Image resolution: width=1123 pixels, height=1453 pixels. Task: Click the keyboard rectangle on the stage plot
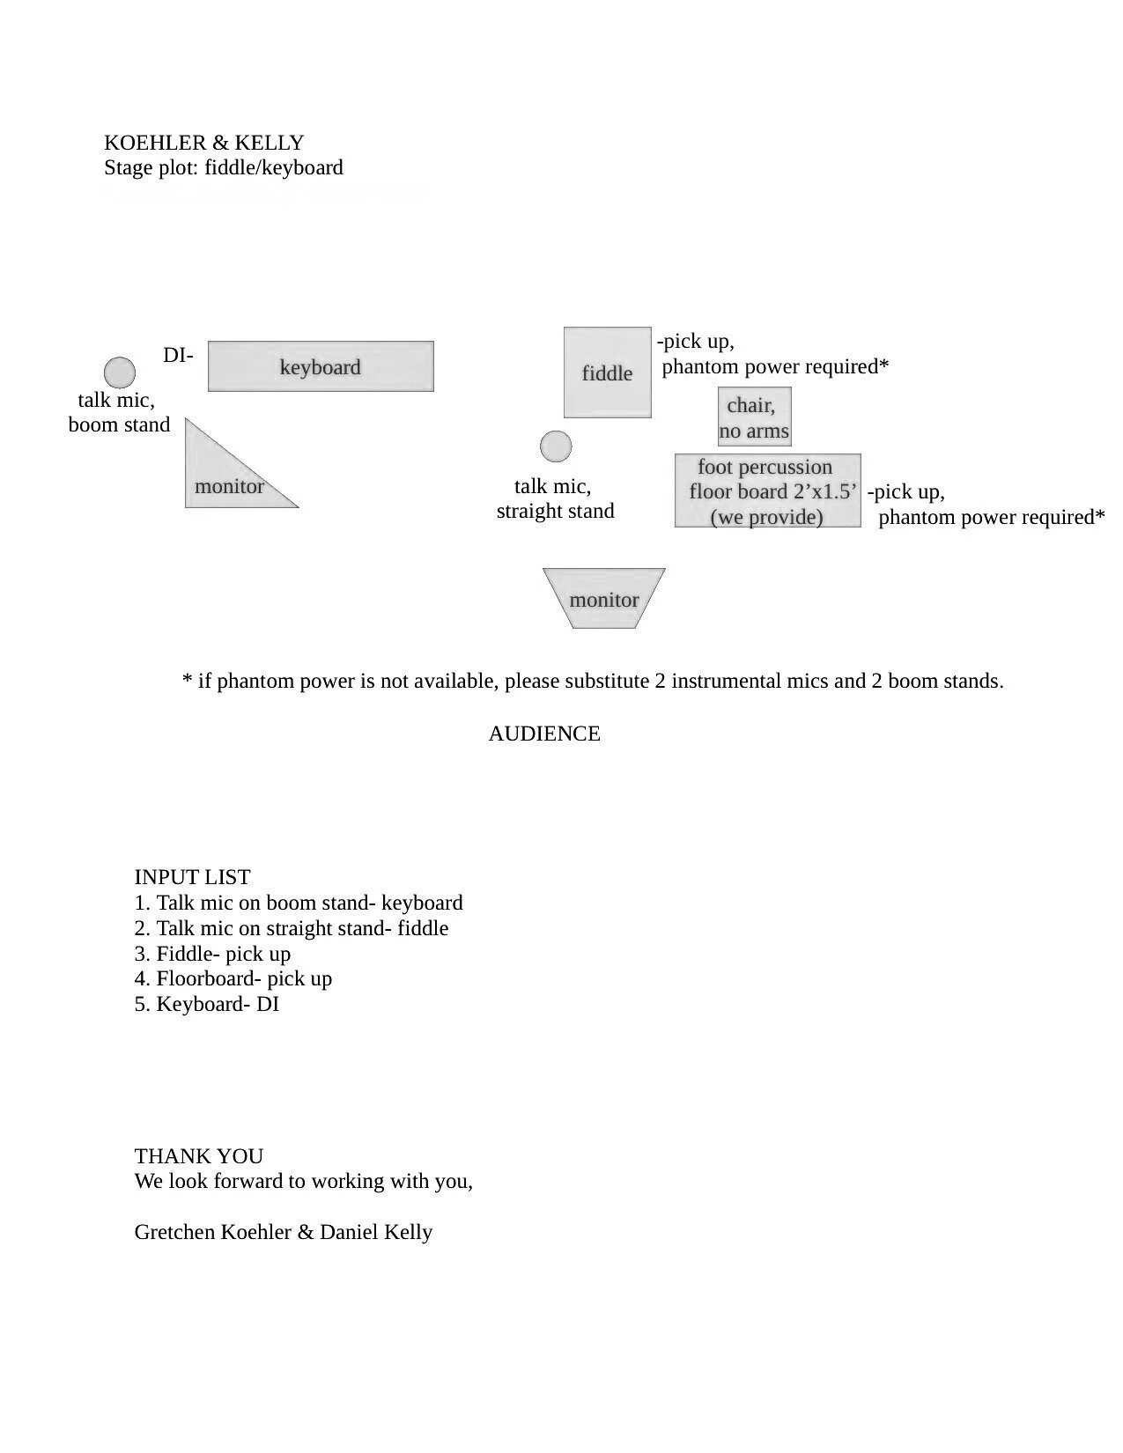click(x=321, y=366)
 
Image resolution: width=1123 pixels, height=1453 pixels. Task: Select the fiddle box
click(x=607, y=372)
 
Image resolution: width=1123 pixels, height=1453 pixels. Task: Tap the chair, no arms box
click(x=754, y=417)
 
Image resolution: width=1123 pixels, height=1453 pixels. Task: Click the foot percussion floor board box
click(x=767, y=491)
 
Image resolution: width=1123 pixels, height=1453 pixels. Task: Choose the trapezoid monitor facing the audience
click(x=604, y=599)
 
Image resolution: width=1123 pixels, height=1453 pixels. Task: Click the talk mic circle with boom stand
click(x=120, y=372)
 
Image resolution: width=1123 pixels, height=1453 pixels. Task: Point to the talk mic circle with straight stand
click(x=555, y=446)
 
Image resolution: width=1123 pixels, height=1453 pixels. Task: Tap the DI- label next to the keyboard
click(x=178, y=356)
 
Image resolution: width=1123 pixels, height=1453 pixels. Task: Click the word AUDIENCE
click(x=544, y=734)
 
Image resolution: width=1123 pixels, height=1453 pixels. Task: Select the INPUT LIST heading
click(x=192, y=877)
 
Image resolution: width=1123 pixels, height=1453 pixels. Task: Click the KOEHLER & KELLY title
click(x=203, y=143)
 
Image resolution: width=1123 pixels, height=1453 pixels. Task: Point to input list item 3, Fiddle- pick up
click(x=212, y=954)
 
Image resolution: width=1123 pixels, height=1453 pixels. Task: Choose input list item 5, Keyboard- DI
click(x=207, y=1004)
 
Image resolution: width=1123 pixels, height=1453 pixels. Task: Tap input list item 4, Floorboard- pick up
click(x=233, y=978)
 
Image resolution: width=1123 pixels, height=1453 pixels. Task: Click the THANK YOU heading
click(x=199, y=1156)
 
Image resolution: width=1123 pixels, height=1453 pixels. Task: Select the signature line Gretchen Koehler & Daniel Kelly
click(x=283, y=1232)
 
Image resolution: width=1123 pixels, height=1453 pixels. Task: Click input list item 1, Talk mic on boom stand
click(x=299, y=903)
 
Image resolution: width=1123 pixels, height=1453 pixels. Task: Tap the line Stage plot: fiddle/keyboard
click(x=224, y=167)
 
